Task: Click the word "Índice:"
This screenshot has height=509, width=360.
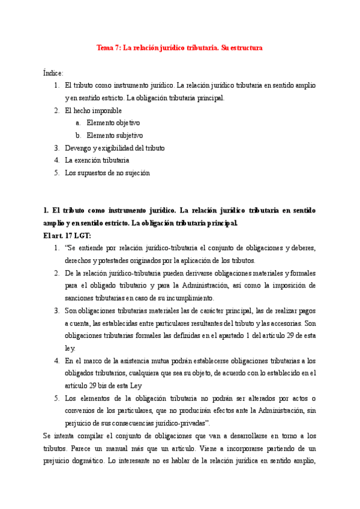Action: (53, 73)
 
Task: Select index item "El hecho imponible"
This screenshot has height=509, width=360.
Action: (93, 110)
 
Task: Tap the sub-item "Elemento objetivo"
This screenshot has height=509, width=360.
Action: (113, 123)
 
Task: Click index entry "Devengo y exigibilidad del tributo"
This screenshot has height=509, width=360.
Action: (115, 148)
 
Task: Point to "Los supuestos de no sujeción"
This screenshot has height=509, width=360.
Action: (107, 173)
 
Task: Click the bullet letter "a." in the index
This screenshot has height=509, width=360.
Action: (79, 123)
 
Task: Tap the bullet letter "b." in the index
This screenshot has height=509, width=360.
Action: (79, 136)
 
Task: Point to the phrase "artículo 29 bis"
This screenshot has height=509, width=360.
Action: (88, 385)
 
